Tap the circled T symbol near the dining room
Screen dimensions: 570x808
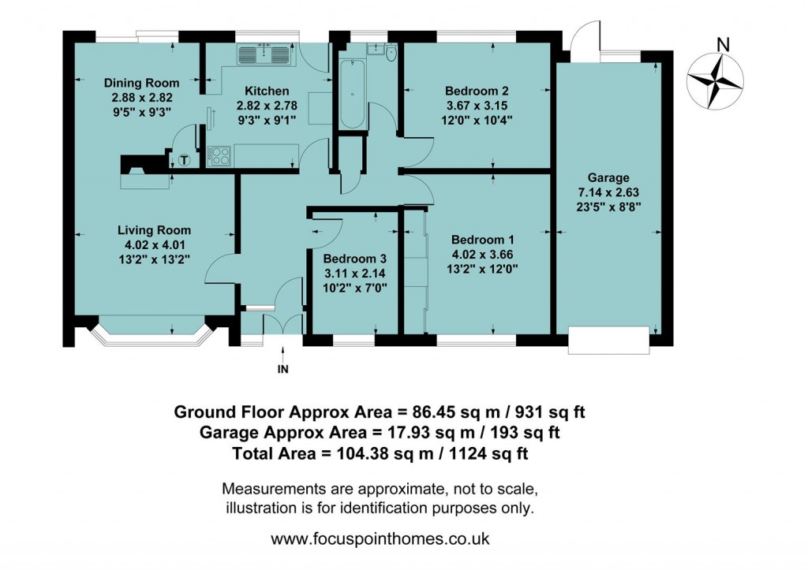(185, 160)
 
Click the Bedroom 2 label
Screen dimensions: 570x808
(476, 90)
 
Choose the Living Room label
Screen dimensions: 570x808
(155, 230)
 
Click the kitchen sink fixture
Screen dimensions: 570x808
(267, 53)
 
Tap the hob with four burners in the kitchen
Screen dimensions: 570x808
(219, 155)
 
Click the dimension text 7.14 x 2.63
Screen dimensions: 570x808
(607, 193)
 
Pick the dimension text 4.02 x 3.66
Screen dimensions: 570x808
(483, 254)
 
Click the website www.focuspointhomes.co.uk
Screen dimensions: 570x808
(380, 540)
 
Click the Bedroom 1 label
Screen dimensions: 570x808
(483, 240)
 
